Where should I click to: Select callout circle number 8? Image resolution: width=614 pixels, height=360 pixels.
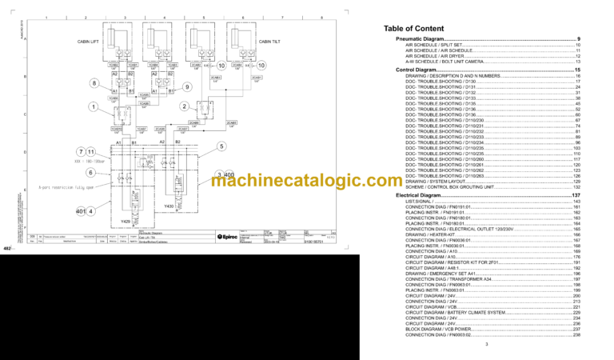click(x=94, y=83)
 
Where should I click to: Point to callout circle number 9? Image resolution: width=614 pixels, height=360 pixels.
click(x=187, y=86)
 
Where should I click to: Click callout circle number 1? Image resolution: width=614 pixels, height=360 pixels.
click(x=94, y=106)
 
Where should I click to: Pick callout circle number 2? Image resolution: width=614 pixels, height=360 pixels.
click(x=185, y=106)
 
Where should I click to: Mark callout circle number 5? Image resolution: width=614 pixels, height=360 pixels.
click(x=221, y=146)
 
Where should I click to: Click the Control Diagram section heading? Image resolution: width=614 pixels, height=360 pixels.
click(x=416, y=70)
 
